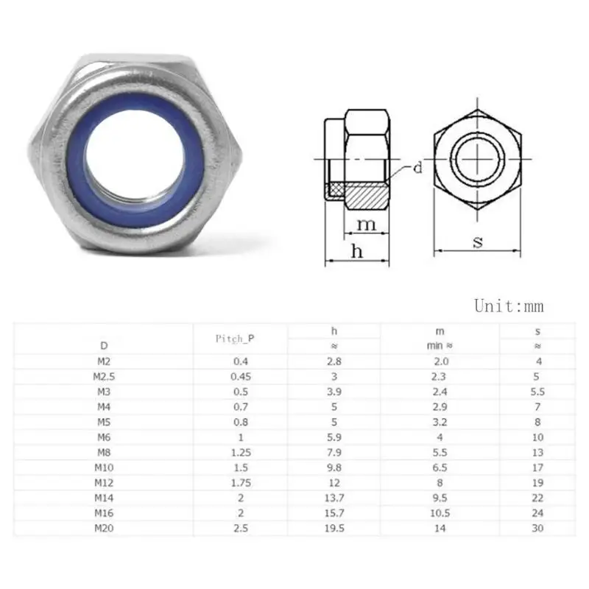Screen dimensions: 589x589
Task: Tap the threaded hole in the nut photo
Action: click(x=135, y=158)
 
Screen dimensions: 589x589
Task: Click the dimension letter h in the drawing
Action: click(x=357, y=250)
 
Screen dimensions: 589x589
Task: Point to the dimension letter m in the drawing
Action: click(x=366, y=225)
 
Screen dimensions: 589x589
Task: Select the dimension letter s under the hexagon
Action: click(x=478, y=242)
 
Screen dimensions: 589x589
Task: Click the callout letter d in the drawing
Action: click(x=417, y=168)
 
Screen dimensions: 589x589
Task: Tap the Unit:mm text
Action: click(x=509, y=306)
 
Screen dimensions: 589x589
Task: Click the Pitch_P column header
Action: click(x=235, y=339)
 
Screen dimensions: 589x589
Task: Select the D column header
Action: click(x=104, y=345)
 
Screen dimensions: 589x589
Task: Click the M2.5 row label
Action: click(x=104, y=377)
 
